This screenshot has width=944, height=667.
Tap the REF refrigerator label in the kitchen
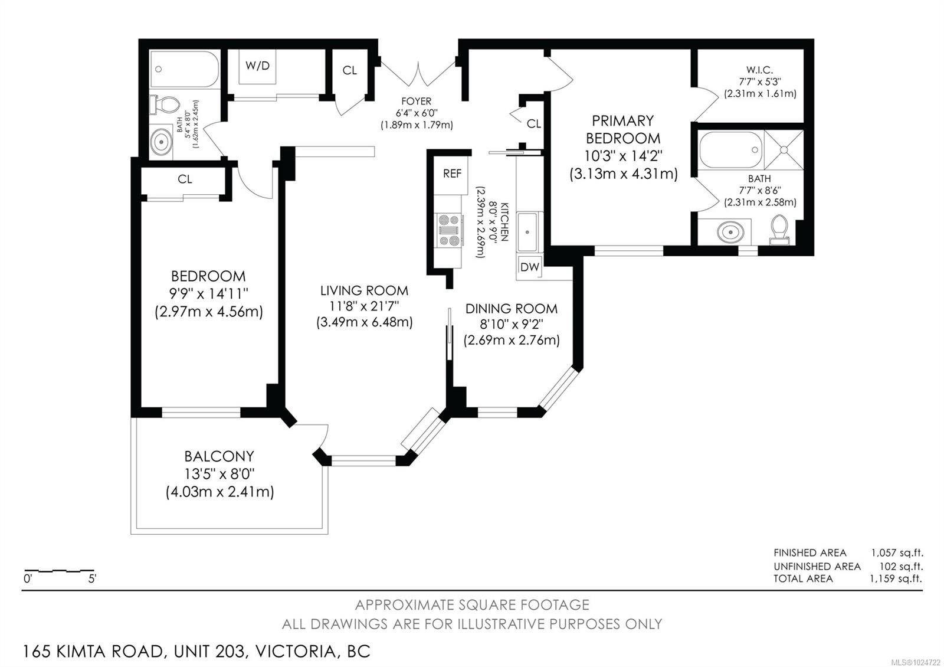[x=452, y=174]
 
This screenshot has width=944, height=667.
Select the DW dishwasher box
[x=529, y=267]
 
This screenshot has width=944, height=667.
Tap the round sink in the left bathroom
[x=160, y=142]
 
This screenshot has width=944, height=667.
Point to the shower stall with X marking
[x=784, y=150]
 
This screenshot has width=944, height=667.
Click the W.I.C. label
[x=759, y=70]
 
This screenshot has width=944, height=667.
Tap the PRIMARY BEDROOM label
[x=622, y=130]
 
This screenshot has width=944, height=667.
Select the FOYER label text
[x=417, y=102]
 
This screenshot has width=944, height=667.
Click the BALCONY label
[x=219, y=456]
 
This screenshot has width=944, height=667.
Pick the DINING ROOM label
[x=511, y=309]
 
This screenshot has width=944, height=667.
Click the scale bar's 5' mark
[x=93, y=578]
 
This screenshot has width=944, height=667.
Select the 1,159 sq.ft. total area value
[x=896, y=578]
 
